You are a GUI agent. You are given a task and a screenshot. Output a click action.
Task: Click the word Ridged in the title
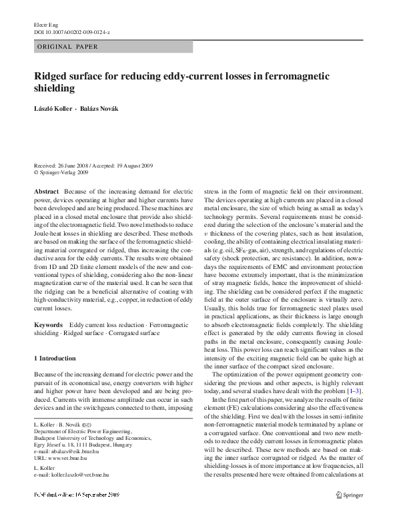51,76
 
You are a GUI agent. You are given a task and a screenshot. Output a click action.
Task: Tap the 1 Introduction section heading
55,358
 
